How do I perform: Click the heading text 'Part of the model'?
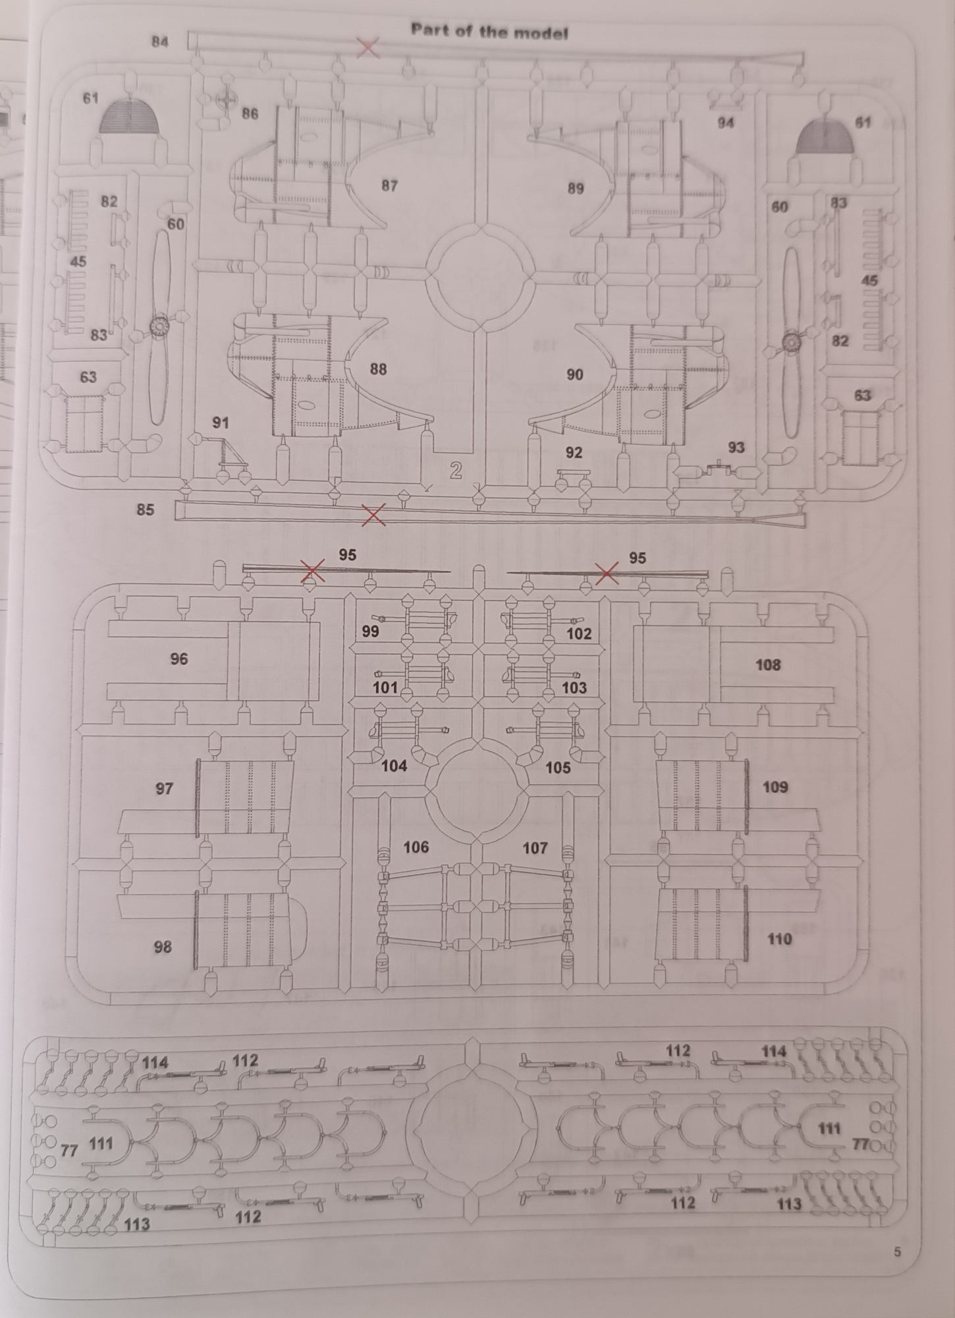tap(489, 31)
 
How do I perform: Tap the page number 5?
tap(898, 1252)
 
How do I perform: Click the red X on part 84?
tap(368, 47)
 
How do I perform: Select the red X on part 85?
tap(374, 515)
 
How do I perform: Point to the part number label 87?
tap(390, 186)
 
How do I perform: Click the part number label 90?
tap(575, 374)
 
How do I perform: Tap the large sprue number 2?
tap(456, 471)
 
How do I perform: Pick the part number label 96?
tap(179, 658)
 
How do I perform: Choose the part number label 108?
tap(768, 665)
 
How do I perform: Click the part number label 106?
tap(416, 847)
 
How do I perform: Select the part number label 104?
tap(395, 766)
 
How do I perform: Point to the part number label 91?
tap(221, 422)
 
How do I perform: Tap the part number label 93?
tap(736, 447)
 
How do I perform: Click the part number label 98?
tap(163, 947)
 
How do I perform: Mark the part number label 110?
tap(779, 939)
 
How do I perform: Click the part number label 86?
tap(250, 114)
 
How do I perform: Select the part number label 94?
tap(726, 123)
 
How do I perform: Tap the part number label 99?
tap(371, 631)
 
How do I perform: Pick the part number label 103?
tap(574, 688)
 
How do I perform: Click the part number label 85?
tap(146, 509)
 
